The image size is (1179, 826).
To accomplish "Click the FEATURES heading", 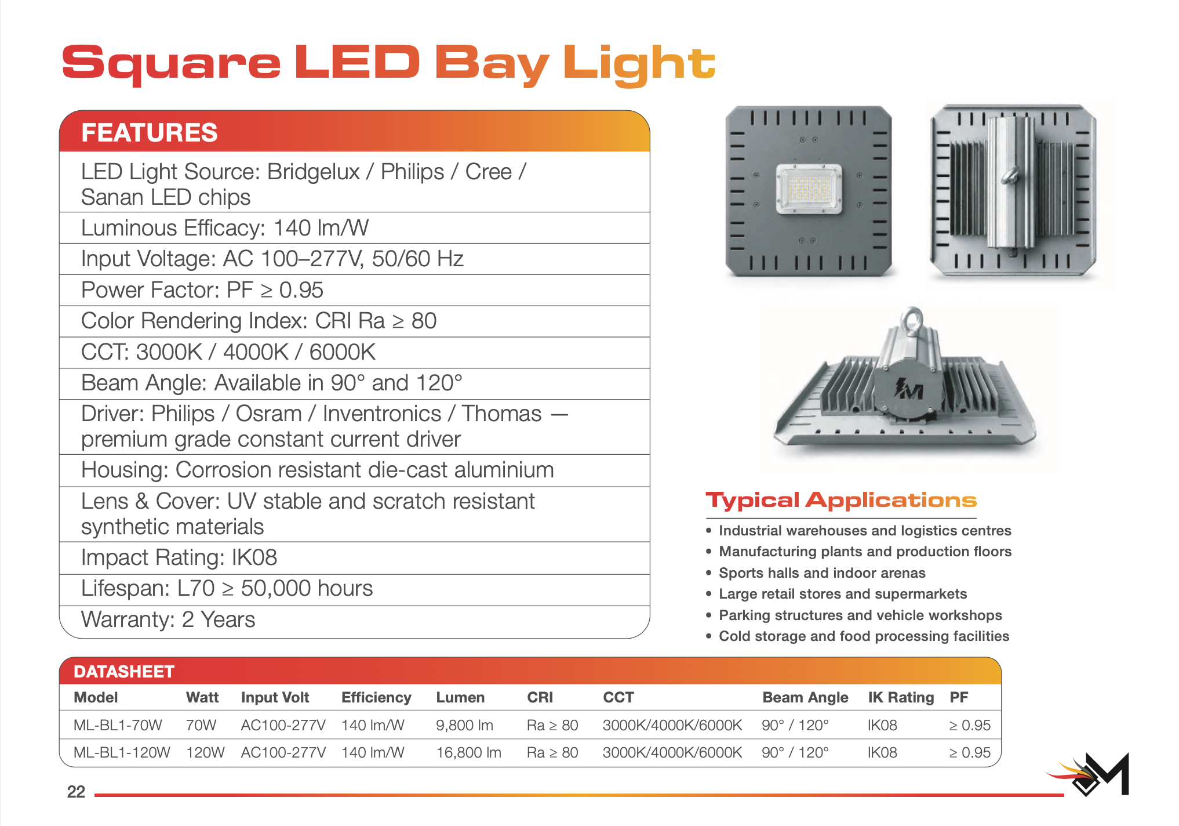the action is point(150,133).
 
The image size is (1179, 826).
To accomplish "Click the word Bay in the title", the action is point(492,64).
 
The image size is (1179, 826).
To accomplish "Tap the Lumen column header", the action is point(460,697).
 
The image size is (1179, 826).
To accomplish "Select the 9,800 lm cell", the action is point(464,725).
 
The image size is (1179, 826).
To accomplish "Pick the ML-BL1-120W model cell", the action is point(122,752).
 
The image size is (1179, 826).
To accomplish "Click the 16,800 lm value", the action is point(468,752).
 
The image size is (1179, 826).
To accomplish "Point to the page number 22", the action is point(76,792).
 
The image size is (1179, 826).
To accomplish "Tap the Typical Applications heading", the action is point(841,500).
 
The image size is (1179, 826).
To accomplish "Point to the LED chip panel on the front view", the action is point(809,189).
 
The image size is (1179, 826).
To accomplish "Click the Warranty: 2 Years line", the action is point(168,620).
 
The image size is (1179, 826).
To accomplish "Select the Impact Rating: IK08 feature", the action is point(179,558).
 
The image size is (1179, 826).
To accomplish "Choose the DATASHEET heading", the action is point(124,672).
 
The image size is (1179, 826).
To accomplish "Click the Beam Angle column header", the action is point(805,698).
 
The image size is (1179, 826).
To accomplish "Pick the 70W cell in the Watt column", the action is point(201,725).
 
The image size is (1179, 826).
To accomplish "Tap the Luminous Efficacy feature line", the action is point(225,229).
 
